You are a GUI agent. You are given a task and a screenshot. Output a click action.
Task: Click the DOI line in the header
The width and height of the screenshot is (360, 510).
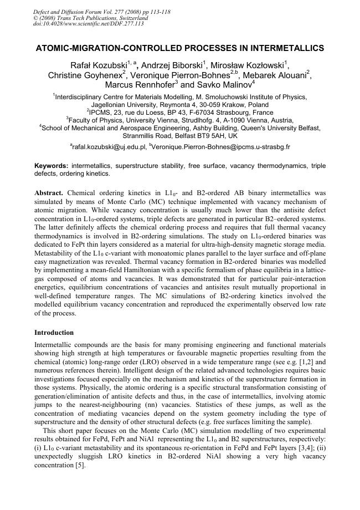tap(89, 24)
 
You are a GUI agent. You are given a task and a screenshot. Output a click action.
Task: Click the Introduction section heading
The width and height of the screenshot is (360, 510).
tap(54, 333)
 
